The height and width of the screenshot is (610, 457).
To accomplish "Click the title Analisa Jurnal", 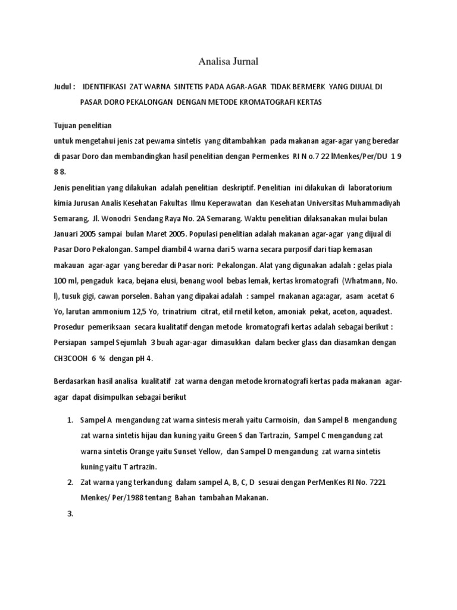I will tap(228, 61).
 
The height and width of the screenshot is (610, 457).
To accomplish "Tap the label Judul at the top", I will tap(62, 87).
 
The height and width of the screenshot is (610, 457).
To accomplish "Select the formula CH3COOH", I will tap(71, 358).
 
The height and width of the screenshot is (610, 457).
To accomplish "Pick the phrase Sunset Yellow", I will tap(192, 452).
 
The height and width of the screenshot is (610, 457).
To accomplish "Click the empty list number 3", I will tap(70, 513).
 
